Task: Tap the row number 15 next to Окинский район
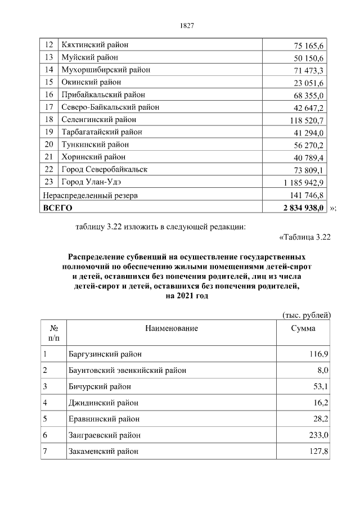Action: pyautogui.click(x=49, y=82)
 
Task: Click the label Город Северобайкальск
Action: pyautogui.click(x=104, y=169)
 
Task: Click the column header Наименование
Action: pyautogui.click(x=171, y=328)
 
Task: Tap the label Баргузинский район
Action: pyautogui.click(x=105, y=354)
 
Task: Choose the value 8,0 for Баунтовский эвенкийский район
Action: pyautogui.click(x=323, y=370)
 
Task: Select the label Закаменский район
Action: pyautogui.click(x=103, y=452)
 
